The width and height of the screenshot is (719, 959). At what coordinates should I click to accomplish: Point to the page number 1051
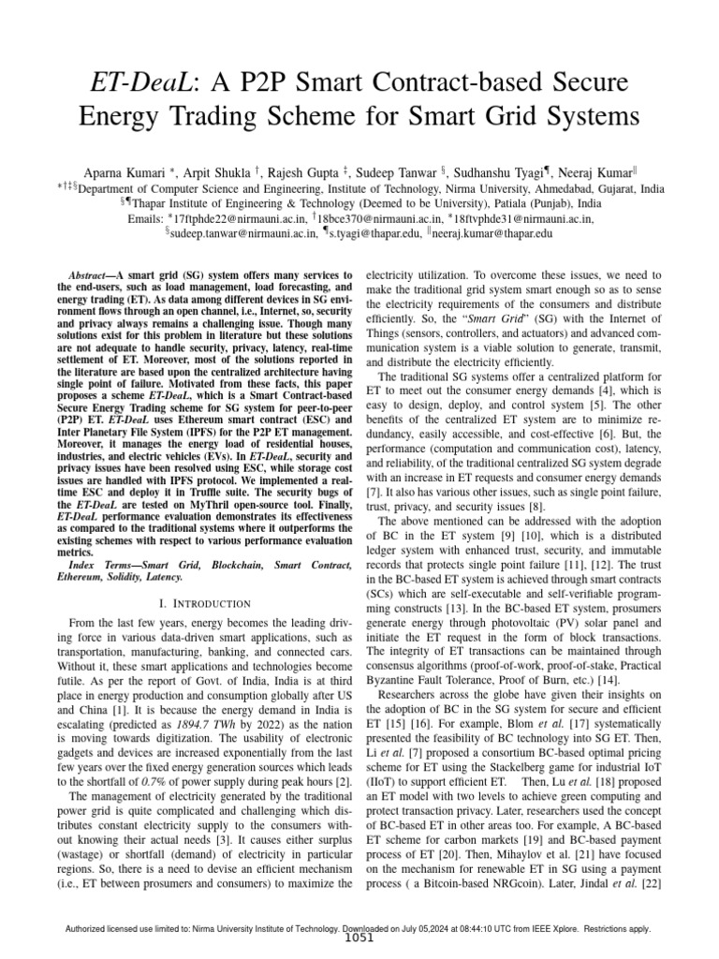359,939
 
